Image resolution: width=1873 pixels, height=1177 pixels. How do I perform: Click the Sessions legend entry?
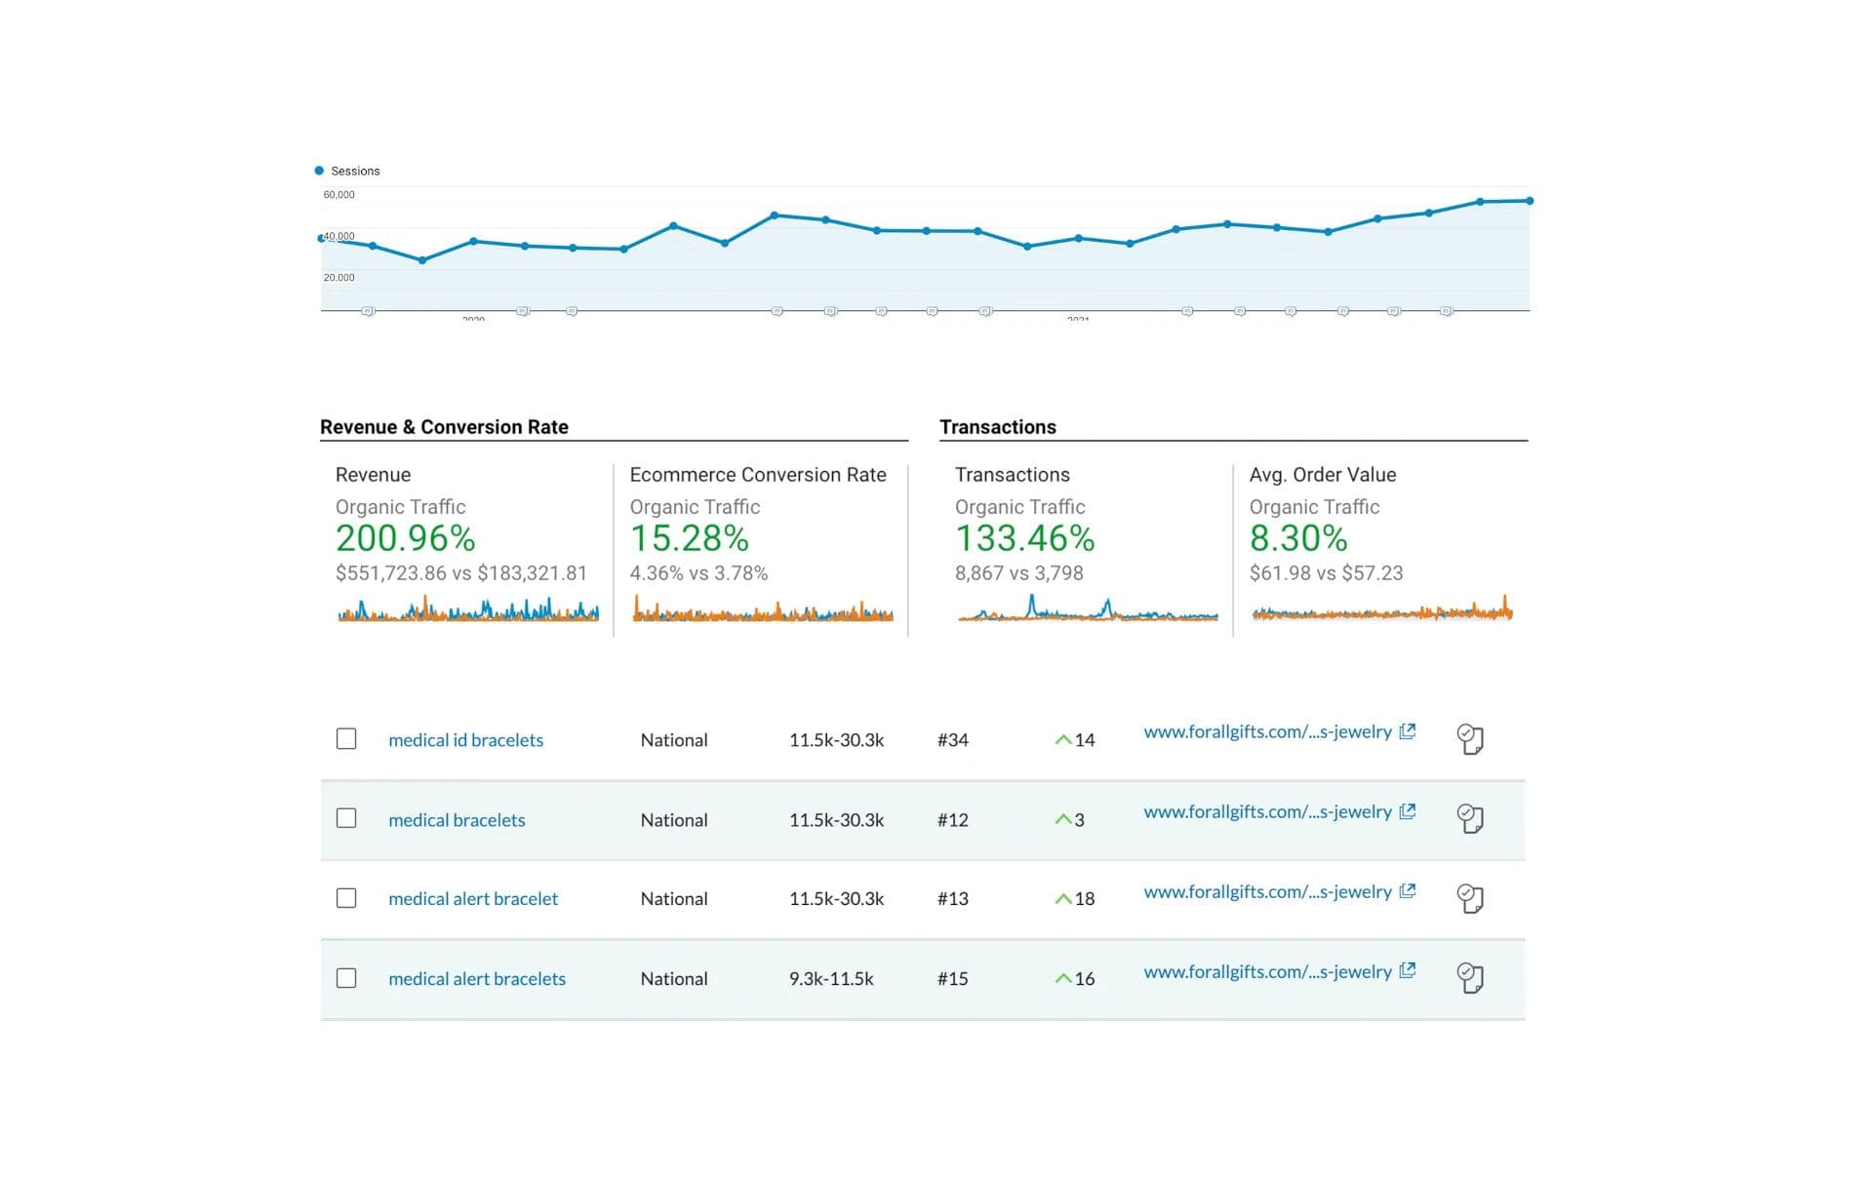click(348, 171)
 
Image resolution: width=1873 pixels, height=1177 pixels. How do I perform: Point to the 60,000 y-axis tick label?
click(339, 195)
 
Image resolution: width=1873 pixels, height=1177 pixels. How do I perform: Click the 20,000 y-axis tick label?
click(339, 278)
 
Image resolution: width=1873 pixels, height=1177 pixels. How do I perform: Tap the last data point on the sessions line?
click(1529, 201)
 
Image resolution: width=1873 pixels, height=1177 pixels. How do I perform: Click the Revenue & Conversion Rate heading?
click(444, 427)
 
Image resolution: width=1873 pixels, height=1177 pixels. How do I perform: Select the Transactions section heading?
click(997, 427)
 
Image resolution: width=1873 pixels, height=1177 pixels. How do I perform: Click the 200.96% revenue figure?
click(405, 538)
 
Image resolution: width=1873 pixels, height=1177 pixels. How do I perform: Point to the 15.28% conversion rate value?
click(689, 538)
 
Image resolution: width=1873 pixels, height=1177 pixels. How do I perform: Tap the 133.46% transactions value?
click(1024, 538)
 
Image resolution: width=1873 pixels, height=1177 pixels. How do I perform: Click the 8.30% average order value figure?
click(1297, 538)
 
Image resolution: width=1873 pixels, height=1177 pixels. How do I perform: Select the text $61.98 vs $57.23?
click(1326, 573)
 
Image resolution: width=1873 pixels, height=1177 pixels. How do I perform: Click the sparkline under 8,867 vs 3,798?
click(1088, 611)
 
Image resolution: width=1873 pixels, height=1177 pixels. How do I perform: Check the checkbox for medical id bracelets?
click(346, 739)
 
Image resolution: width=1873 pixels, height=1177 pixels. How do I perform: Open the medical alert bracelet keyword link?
click(473, 899)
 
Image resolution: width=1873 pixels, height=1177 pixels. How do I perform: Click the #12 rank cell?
click(952, 820)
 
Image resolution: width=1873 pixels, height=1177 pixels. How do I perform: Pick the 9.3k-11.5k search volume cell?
click(831, 979)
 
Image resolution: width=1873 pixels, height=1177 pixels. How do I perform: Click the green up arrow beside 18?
click(1062, 899)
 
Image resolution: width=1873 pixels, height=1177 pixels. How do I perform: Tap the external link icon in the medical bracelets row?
click(1407, 811)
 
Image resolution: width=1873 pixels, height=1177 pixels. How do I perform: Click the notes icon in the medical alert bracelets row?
click(1469, 978)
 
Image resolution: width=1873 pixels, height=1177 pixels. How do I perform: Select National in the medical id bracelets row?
click(673, 740)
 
